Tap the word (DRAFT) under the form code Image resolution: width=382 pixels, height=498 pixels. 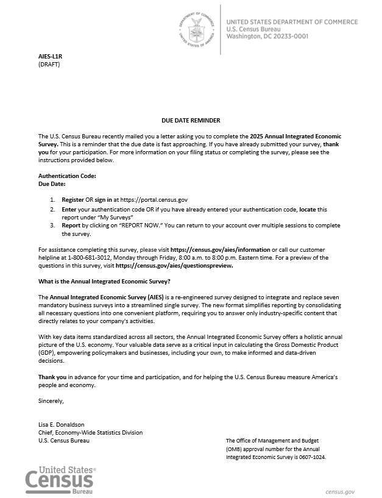49,63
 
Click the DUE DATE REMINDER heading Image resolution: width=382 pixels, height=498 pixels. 191,121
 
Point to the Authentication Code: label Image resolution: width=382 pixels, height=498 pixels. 68,176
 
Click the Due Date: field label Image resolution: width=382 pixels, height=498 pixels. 52,183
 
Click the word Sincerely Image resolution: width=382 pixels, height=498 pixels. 51,400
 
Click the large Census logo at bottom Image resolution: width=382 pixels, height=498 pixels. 60,480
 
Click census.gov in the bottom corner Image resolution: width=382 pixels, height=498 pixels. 340,491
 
